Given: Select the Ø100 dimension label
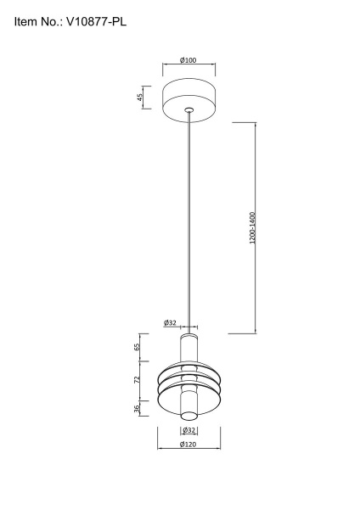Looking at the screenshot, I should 188,60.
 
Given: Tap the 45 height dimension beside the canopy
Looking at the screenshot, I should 140,97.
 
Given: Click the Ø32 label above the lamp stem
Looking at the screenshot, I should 170,322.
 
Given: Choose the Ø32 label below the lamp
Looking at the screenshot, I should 188,431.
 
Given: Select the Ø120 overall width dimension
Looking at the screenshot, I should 188,445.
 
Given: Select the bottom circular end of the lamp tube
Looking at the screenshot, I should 188,415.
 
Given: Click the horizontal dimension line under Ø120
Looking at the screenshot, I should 188,450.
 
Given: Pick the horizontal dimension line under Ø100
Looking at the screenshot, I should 188,66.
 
